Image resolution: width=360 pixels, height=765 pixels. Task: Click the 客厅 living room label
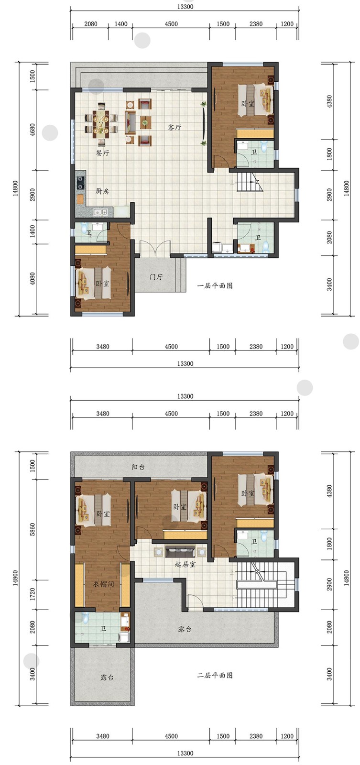(x=174, y=127)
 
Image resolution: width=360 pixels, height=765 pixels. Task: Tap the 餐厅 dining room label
(x=102, y=153)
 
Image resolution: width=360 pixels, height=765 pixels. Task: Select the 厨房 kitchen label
(x=102, y=191)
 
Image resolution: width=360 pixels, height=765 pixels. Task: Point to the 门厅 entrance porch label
(x=156, y=277)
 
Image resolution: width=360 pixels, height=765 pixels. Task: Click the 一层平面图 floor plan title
(x=215, y=285)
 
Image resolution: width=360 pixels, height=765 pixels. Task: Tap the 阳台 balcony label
(x=138, y=467)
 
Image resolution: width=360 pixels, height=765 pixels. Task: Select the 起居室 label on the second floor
(x=185, y=564)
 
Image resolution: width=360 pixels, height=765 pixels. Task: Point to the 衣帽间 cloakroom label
(x=103, y=584)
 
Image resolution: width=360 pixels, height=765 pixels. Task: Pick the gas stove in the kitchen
(x=81, y=183)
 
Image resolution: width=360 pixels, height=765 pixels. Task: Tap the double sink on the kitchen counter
(x=101, y=212)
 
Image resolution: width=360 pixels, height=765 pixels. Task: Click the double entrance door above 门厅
(x=155, y=249)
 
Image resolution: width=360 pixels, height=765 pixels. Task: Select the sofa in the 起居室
(x=180, y=550)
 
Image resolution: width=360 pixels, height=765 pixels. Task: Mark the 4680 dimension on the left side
(x=33, y=130)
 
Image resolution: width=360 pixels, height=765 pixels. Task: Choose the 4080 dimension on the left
(x=33, y=278)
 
